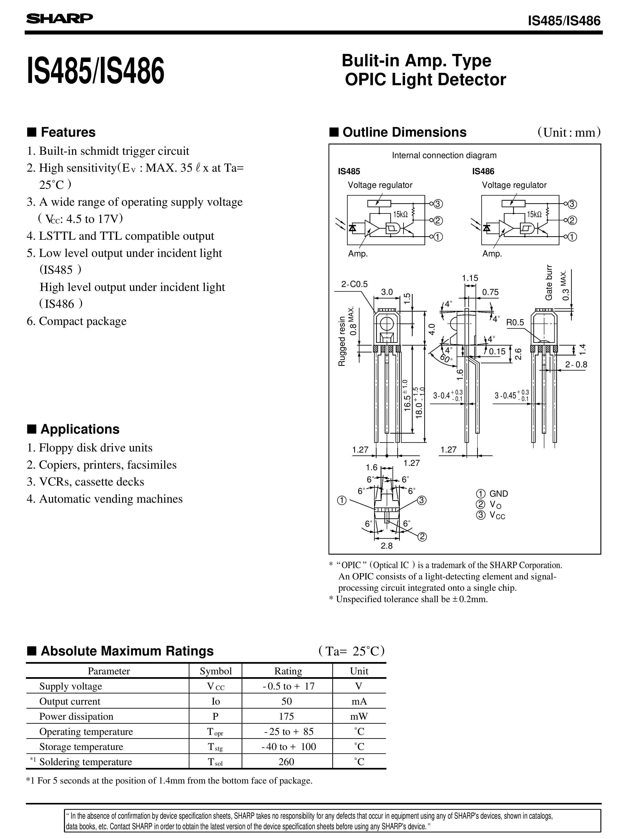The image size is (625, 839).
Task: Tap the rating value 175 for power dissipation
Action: (286, 716)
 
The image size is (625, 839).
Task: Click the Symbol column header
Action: (216, 671)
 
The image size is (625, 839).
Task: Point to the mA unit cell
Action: (359, 701)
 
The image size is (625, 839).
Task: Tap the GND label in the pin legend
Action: (498, 494)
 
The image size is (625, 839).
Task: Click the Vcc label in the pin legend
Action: (497, 515)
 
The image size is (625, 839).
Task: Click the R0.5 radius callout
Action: (515, 323)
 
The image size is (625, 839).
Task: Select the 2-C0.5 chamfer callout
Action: (354, 284)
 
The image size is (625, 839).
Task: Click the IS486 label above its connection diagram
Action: (483, 171)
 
